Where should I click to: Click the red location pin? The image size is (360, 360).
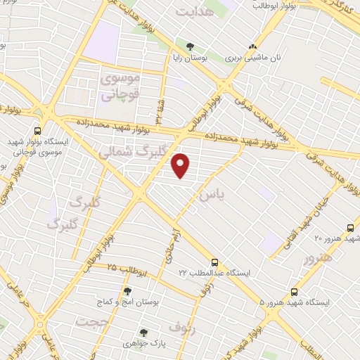click(x=181, y=166)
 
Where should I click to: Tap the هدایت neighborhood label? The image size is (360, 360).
click(x=193, y=13)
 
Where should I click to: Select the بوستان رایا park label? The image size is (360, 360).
click(x=188, y=59)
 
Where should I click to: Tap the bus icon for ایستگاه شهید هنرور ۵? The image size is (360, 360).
click(x=293, y=291)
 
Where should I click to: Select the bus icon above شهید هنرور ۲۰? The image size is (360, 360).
click(x=350, y=228)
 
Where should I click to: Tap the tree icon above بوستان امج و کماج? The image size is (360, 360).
click(x=127, y=290)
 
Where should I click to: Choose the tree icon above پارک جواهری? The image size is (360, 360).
click(x=143, y=332)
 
